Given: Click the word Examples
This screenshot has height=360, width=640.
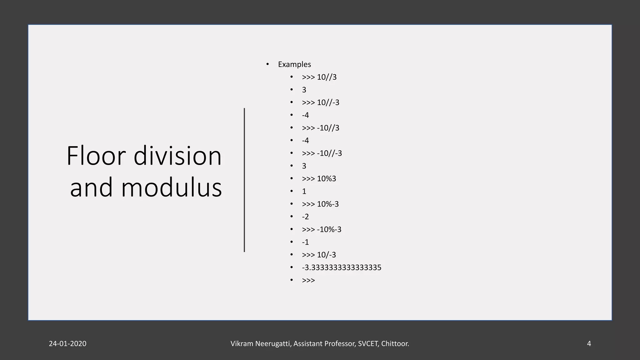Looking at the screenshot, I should point(294,64).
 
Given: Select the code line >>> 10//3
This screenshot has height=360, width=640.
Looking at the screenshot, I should point(319,77).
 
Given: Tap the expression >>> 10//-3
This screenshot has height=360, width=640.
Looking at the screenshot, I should point(320,102).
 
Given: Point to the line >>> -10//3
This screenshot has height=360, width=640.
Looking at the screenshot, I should point(320,128).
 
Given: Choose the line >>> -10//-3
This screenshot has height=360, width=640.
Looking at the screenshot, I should point(322,153).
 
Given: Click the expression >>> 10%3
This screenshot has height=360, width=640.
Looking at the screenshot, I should point(319,178).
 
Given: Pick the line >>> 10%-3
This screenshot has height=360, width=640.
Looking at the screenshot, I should point(320,204).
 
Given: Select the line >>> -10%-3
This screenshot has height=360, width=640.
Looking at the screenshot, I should point(321,229).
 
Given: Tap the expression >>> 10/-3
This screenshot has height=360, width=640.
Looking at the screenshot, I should point(319,255).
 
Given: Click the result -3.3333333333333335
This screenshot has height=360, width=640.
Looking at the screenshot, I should point(341,267).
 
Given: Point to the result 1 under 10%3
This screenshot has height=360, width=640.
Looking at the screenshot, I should point(304,191).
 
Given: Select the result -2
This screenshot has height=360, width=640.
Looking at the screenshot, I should point(305,217).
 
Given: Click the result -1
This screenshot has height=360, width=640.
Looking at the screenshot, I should point(305,242).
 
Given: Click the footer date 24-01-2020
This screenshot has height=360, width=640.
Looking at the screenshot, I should point(67,344).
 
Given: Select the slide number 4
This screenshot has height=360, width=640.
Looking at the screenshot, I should point(589,344).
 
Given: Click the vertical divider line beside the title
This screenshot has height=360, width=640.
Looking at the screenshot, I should point(244,180).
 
